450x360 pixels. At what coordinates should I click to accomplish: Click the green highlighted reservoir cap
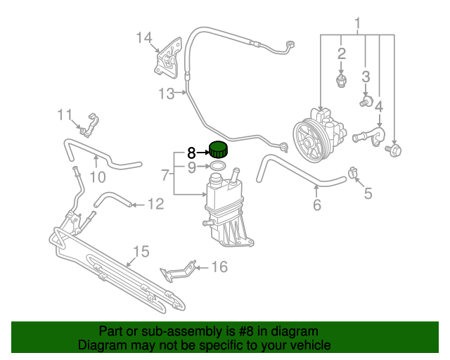pos(219,150)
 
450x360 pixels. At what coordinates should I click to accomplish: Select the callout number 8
pos(191,152)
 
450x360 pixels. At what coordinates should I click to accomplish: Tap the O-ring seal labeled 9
pos(218,167)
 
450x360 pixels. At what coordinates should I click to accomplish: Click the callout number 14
pos(143,37)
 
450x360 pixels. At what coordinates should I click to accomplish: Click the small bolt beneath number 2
pos(342,81)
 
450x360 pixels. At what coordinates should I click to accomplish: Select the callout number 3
pos(366,76)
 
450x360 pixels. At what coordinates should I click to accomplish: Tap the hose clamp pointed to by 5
pos(354,171)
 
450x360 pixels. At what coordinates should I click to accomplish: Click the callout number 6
pos(316,205)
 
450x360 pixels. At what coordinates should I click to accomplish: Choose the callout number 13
pos(166,93)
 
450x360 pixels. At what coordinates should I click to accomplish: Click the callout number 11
pos(65,114)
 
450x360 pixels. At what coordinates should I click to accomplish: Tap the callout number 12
pos(155,204)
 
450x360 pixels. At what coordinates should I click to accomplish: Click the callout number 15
pos(141,251)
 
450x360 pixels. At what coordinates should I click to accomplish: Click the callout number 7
pos(164,174)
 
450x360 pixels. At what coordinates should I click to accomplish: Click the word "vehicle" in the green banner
pos(306,345)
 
